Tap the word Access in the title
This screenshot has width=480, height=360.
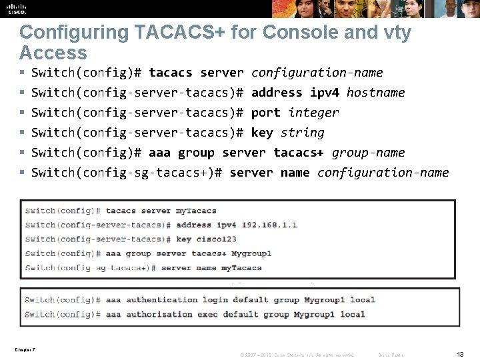click(53, 53)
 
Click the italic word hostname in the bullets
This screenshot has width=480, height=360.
click(375, 93)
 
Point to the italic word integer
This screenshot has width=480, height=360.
click(313, 113)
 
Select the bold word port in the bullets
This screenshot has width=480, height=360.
click(265, 113)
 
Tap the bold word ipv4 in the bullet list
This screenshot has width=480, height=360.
click(324, 93)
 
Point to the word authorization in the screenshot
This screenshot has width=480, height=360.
click(159, 314)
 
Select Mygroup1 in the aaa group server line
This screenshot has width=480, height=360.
click(251, 253)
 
